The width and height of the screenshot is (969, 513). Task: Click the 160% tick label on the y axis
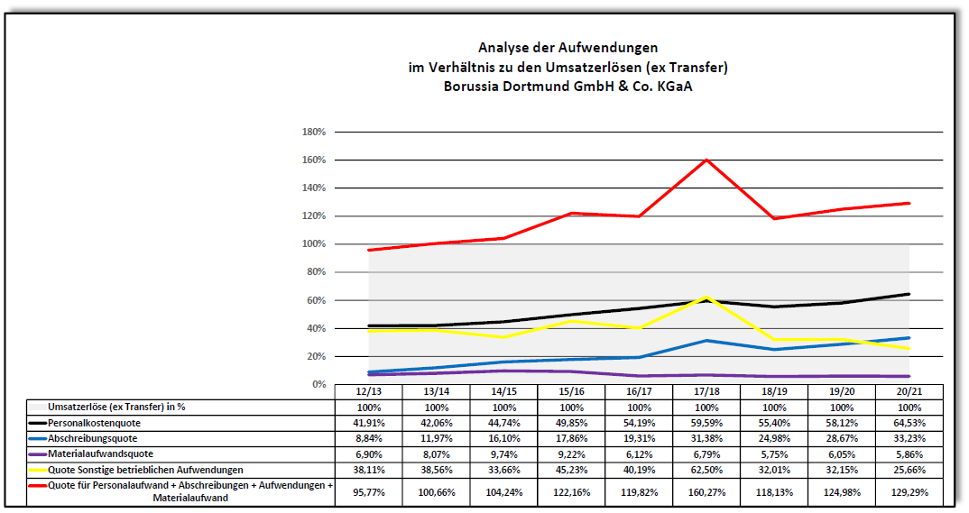(313, 160)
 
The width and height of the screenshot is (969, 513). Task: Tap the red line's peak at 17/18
(706, 160)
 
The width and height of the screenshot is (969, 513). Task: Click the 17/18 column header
(706, 391)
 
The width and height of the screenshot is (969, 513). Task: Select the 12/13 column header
(368, 391)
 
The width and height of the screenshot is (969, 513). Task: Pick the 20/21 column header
(909, 391)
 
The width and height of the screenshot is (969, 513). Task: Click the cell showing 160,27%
(706, 492)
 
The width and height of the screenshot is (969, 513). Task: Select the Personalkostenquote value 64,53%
(909, 422)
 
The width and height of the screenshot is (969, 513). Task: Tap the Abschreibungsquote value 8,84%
(368, 438)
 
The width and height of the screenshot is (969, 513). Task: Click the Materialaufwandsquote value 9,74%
(503, 453)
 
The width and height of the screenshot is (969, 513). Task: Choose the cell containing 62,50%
(706, 470)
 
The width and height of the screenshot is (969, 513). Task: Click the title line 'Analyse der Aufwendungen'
(568, 47)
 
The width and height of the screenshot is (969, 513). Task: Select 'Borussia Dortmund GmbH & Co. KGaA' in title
(568, 87)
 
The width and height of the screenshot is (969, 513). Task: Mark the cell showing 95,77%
(368, 492)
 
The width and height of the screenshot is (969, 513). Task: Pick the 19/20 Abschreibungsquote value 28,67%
(841, 438)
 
